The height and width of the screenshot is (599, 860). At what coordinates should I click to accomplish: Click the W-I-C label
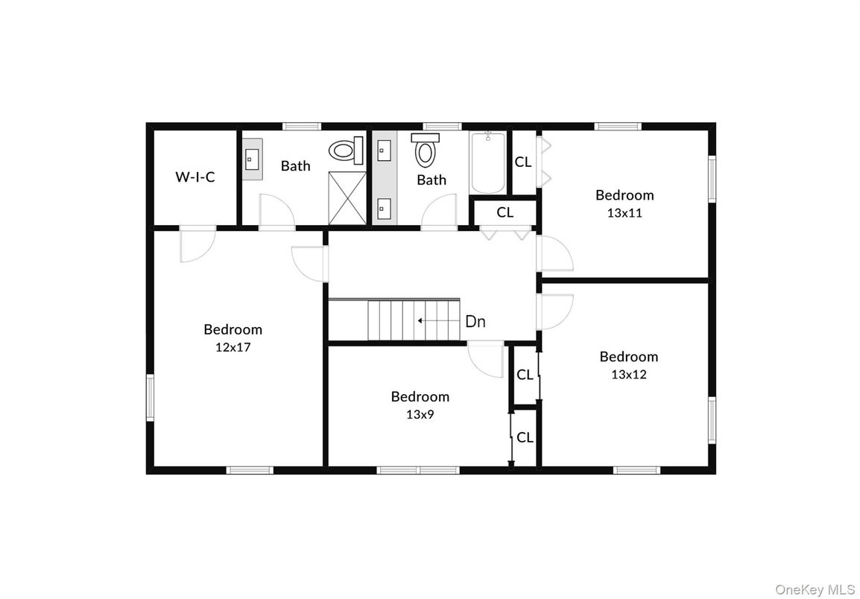pyautogui.click(x=195, y=177)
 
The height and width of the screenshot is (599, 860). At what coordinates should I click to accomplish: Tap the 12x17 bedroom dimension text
pyautogui.click(x=233, y=346)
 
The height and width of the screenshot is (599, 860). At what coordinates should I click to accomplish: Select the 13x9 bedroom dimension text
pyautogui.click(x=420, y=414)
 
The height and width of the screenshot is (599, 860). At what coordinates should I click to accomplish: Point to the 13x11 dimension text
pyautogui.click(x=625, y=212)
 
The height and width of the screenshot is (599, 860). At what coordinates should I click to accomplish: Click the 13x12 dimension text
pyautogui.click(x=628, y=374)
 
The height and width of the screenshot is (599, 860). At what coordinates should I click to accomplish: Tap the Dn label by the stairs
pyautogui.click(x=475, y=322)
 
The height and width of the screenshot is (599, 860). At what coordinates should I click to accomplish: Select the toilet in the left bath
pyautogui.click(x=344, y=151)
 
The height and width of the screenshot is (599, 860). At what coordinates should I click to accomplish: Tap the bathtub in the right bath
pyautogui.click(x=488, y=163)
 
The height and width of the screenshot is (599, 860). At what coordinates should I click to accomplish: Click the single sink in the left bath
pyautogui.click(x=250, y=158)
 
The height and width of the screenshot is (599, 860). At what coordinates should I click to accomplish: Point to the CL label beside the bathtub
pyautogui.click(x=523, y=161)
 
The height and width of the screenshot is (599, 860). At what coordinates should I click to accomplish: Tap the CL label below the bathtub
pyautogui.click(x=505, y=212)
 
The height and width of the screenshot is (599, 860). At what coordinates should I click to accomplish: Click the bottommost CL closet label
pyautogui.click(x=525, y=437)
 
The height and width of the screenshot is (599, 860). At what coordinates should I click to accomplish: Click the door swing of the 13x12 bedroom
pyautogui.click(x=556, y=311)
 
